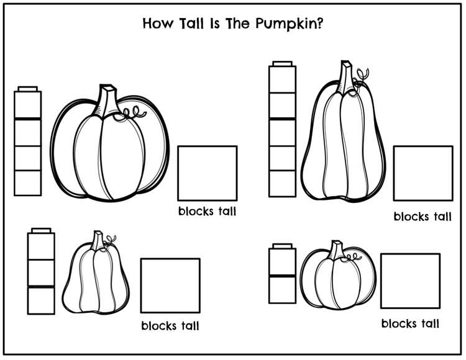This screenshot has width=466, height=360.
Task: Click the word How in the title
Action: [x=157, y=23]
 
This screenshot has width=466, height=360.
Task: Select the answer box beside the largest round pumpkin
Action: [x=208, y=173]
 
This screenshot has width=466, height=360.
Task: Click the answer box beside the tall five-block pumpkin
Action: [x=423, y=173]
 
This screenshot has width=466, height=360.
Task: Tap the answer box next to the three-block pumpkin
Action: [x=170, y=286]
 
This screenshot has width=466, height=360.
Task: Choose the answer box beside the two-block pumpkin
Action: [x=411, y=281]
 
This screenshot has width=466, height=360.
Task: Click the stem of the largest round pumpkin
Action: [x=106, y=101]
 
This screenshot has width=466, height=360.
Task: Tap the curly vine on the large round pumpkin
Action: [x=130, y=113]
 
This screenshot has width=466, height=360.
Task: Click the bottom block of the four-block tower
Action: [x=27, y=183]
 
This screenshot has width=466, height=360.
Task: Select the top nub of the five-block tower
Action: [x=282, y=64]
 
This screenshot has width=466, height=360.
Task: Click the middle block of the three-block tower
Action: [x=41, y=272]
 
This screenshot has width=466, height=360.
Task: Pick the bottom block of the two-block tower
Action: [x=282, y=290]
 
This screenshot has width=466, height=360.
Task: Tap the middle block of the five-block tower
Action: [x=282, y=133]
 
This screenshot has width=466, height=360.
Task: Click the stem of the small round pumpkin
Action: [x=337, y=250]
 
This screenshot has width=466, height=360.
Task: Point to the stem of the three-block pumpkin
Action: [x=98, y=240]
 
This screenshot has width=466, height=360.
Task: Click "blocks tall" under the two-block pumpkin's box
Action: [x=411, y=323]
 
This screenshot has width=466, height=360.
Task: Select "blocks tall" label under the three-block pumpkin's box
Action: [x=170, y=326]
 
